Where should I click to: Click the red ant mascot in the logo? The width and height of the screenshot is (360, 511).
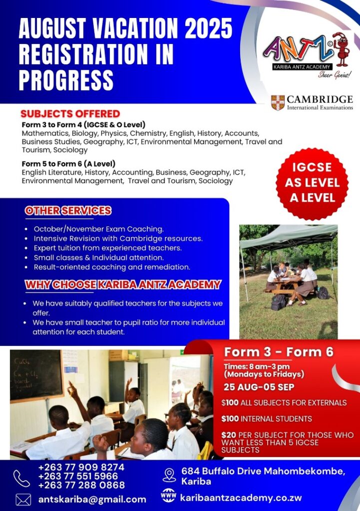pos(341,49)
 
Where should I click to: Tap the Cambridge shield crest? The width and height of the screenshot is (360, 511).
pos(278,103)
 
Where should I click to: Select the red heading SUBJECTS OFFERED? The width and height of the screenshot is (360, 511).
pos(70,114)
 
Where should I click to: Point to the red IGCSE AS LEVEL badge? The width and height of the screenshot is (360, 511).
pos(312,183)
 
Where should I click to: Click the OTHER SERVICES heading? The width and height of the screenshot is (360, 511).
pos(68,211)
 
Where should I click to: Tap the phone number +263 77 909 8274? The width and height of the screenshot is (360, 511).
pos(81,467)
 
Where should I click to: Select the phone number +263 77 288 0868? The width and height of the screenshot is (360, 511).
pos(81,485)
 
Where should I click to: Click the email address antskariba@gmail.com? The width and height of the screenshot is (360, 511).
pos(92,500)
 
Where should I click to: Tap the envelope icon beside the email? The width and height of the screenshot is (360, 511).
pos(23,500)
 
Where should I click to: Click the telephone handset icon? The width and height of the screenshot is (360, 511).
pos(21,479)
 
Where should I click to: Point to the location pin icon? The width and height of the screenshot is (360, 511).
pos(169,475)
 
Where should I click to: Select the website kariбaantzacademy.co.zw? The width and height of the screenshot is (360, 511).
pos(241,498)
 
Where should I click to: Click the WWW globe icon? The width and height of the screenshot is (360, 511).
pos(169,496)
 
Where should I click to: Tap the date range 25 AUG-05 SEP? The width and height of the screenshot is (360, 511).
pos(259,387)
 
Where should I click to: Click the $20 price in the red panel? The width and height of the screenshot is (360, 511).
pos(229,435)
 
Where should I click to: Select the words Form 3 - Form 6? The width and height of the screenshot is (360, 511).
pos(279,352)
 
